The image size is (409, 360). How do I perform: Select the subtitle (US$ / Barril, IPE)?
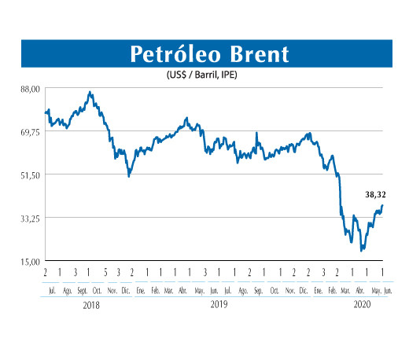(x=204, y=75)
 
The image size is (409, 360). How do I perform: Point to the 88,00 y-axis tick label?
(x=30, y=88)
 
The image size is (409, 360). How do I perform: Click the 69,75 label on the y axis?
(x=30, y=131)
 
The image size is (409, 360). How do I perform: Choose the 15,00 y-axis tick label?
(x=30, y=261)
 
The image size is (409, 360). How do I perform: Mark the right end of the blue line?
(x=382, y=205)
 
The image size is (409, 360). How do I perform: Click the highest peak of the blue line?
(x=90, y=93)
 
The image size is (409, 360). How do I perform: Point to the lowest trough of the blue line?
(x=360, y=251)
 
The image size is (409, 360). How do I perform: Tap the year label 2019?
(x=219, y=304)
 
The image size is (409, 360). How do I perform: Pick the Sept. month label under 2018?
(x=82, y=290)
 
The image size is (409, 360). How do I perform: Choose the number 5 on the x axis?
(x=104, y=272)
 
